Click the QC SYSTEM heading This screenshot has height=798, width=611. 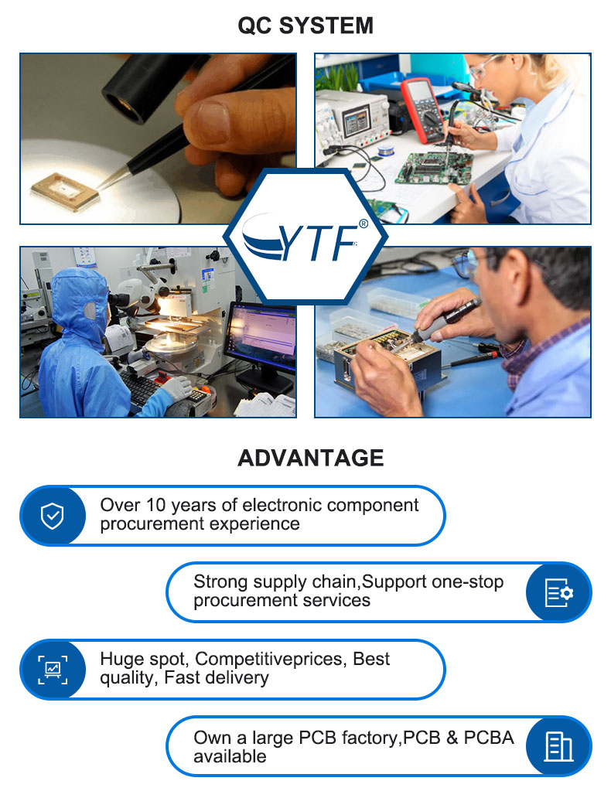coord(305,26)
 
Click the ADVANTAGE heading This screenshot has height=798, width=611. coord(311,458)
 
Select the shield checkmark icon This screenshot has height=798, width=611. coord(52,516)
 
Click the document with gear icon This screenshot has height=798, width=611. coord(559,593)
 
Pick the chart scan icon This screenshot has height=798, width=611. coord(53,670)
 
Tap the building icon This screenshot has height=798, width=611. coord(558,747)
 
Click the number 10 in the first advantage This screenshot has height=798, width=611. coord(155,506)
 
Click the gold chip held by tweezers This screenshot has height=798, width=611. coord(63,192)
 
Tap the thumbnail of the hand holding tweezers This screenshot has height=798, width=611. coord(158,139)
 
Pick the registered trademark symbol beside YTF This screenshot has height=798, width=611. coord(363,223)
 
